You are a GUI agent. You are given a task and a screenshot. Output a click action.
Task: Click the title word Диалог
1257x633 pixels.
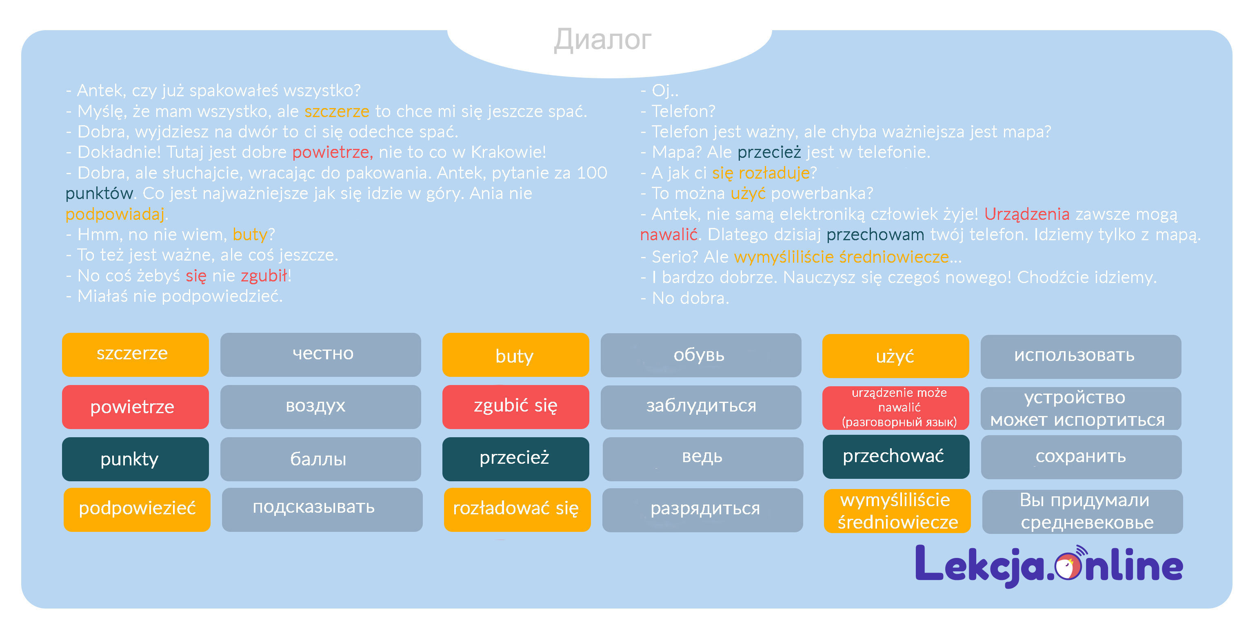pos(603,40)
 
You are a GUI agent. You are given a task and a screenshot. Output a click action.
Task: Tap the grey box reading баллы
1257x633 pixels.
pos(320,459)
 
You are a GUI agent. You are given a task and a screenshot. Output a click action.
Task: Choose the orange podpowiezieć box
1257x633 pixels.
pos(137,509)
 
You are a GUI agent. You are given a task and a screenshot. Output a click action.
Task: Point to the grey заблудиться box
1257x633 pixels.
pos(701,407)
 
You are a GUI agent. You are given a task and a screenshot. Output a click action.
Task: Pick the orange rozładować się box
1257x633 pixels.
pos(517,509)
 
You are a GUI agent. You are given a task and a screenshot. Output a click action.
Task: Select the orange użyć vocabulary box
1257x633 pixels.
pos(895,356)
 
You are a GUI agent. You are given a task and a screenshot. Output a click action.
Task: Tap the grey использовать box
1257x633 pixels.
pos(1080,356)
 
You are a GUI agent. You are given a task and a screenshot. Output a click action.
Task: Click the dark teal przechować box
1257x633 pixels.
pos(895,456)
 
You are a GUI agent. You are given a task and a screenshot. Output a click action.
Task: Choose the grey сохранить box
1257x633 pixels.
pos(1080,457)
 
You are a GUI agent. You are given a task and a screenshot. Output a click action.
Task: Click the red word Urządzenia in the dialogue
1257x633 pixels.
pos(1026,214)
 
